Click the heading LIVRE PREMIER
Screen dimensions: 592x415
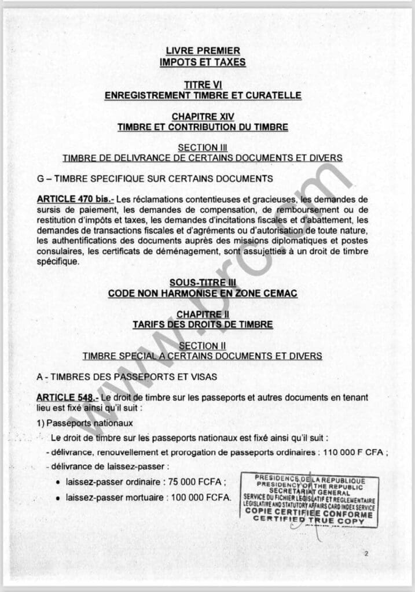(203, 51)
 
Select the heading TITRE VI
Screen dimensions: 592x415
(203, 85)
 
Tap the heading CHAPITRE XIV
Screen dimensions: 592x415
(203, 117)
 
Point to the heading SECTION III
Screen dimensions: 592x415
(203, 147)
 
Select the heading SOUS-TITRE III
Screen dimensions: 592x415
(203, 283)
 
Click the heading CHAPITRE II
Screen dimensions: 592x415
(203, 314)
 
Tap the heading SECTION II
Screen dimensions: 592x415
(203, 346)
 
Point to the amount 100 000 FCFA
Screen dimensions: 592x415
(202, 497)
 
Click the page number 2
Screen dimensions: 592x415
(366, 554)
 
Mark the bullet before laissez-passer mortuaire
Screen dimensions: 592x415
(58, 498)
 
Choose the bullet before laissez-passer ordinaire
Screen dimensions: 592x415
(58, 482)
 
